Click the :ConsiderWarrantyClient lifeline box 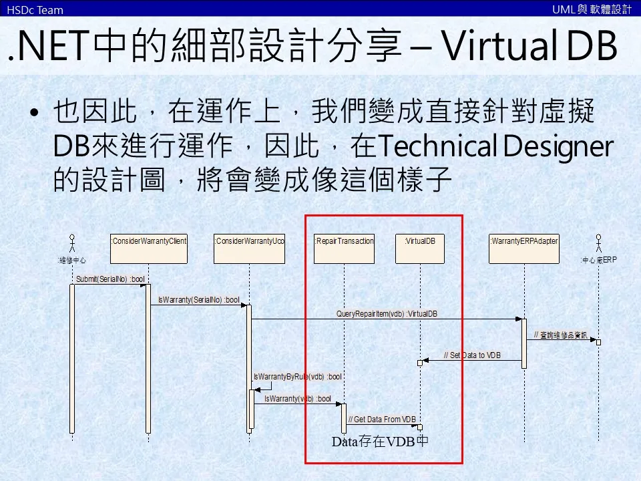(149, 248)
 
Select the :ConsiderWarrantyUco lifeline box (249, 248)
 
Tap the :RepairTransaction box (344, 248)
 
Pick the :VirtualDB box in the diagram (420, 248)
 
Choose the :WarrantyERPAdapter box (524, 248)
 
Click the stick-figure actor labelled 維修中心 (72, 243)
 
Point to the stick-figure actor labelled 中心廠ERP (598, 243)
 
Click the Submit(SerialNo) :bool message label (110, 279)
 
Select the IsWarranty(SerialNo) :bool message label (198, 300)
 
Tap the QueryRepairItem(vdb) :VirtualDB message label (387, 313)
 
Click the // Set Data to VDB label (472, 355)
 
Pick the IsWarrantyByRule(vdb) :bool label (297, 377)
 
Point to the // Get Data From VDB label (382, 420)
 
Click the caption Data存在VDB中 (380, 442)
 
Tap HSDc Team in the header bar (35, 9)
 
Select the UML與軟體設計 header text (592, 9)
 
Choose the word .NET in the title (47, 48)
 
